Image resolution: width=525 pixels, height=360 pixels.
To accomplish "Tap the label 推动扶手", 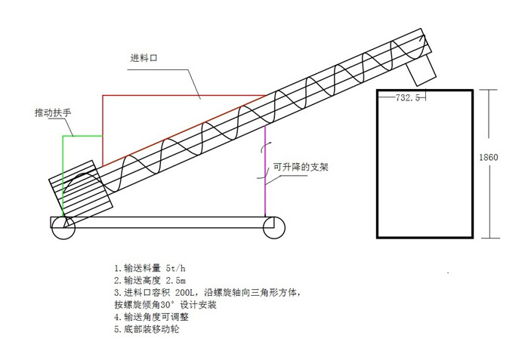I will [x=53, y=112].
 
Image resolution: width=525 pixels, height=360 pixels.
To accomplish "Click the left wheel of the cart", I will [x=63, y=229].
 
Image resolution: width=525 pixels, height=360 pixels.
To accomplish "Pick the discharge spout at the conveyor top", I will [x=421, y=69].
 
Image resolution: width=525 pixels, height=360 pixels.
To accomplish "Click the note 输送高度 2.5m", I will [x=147, y=280].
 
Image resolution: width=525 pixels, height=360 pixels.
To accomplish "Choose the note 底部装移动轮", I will [x=147, y=330].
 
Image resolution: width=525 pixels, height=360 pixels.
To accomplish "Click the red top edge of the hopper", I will [x=181, y=96].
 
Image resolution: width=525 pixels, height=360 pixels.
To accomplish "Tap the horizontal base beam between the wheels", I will [x=166, y=222].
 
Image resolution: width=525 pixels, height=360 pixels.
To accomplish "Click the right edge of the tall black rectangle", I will [x=473, y=165].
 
